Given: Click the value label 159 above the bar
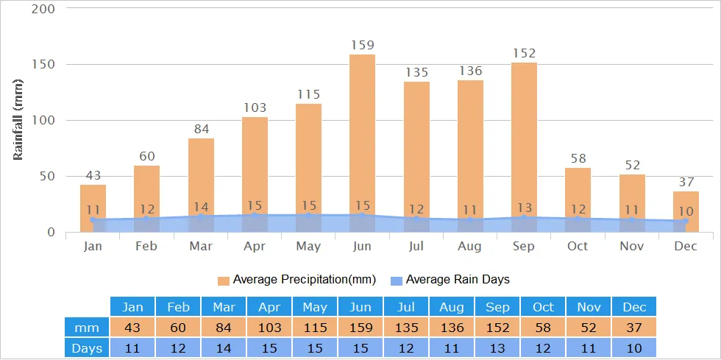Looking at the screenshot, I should [x=362, y=45].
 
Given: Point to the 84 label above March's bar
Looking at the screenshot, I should [x=201, y=129].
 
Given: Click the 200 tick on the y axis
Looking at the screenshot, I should [x=42, y=9].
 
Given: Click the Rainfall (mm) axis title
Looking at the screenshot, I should [x=18, y=120].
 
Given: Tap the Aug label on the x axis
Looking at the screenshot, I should [x=470, y=246].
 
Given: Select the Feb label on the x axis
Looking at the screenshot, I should [x=146, y=246].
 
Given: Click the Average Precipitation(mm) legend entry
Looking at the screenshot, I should [x=296, y=280].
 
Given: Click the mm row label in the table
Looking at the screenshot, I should [x=87, y=327].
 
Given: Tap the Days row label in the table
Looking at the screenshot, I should [x=87, y=347].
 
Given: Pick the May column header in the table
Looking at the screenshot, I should [x=314, y=307].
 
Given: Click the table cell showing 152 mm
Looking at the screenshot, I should [x=497, y=327].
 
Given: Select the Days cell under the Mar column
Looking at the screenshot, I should [x=224, y=347].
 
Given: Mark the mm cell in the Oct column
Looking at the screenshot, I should [x=542, y=327].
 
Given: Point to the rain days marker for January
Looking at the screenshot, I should [x=93, y=219].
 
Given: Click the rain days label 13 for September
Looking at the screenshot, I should [x=524, y=208].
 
